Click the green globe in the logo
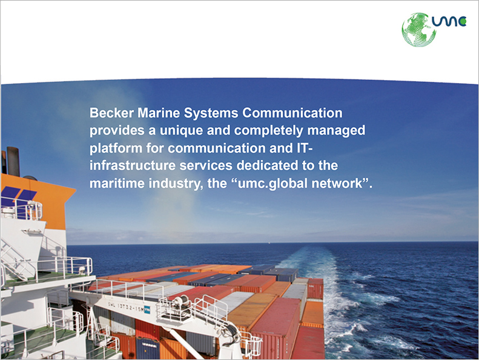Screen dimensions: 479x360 [x=418, y=30]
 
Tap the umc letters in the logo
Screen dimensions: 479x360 [x=449, y=21]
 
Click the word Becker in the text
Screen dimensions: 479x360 [x=111, y=113]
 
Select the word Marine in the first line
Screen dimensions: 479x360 [x=159, y=113]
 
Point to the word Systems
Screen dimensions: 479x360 [x=211, y=113]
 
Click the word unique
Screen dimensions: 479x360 [x=182, y=131]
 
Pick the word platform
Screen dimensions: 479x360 [x=116, y=148]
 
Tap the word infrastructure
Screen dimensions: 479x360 [x=133, y=165]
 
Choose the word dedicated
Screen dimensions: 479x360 [x=267, y=165]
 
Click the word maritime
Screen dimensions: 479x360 [x=117, y=183]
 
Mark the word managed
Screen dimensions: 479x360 [x=336, y=131]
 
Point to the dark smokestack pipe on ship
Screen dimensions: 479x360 [x=13, y=161]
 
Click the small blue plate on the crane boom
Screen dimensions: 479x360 [x=147, y=309]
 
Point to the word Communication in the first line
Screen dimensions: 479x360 [x=292, y=113]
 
